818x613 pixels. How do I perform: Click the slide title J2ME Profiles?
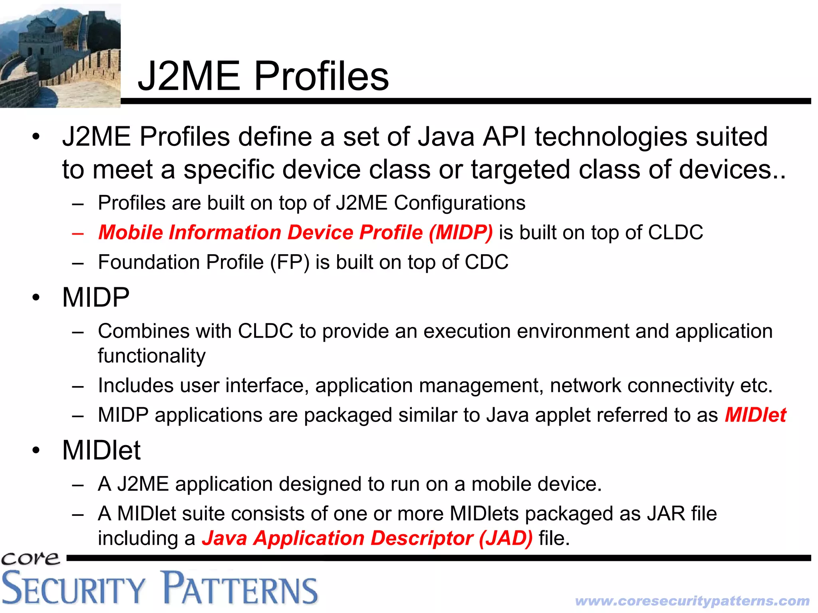coord(263,76)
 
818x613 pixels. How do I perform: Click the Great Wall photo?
coord(60,55)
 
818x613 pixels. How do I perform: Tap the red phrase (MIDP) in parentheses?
coord(461,233)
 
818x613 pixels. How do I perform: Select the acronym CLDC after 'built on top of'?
coord(675,233)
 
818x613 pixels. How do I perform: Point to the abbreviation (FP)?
coord(290,263)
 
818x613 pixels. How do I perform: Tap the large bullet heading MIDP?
coord(96,298)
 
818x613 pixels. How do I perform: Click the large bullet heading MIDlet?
coord(101,451)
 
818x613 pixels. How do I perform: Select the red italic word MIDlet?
coord(755,415)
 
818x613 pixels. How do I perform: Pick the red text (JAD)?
coord(506,538)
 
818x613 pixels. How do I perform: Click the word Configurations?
coord(459,203)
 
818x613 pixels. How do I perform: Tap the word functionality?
coord(152,356)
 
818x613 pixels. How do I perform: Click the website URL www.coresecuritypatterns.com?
coord(692,601)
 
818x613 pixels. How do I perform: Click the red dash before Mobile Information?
coord(78,233)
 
